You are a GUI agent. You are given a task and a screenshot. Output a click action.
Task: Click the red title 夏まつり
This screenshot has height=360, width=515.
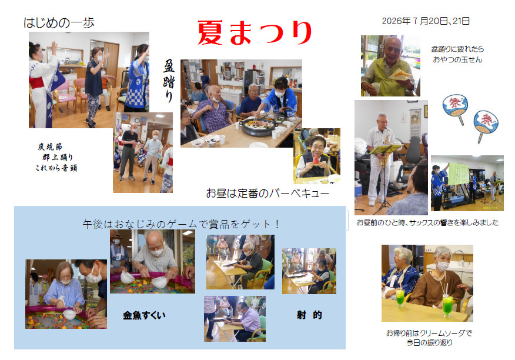tap(255, 32)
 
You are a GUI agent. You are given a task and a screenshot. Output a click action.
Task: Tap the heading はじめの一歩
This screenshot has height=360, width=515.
tap(59, 23)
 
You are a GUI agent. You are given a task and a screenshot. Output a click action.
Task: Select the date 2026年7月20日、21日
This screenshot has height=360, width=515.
tap(426, 21)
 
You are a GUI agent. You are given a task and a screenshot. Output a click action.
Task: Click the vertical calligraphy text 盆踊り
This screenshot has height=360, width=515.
tap(169, 81)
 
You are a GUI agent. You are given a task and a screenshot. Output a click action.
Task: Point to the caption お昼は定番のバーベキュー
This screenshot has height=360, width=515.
tap(267, 194)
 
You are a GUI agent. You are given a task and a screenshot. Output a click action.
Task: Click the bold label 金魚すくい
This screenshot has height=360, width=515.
tap(144, 315)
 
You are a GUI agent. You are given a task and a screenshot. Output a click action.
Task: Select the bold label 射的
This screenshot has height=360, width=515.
tap(309, 315)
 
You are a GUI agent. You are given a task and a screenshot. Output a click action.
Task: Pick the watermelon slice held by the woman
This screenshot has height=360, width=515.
tap(316, 159)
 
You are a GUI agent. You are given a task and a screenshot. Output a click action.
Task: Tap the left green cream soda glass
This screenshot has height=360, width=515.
tap(400, 298)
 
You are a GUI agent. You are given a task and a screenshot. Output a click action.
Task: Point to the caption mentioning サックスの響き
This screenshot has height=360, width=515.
tap(427, 222)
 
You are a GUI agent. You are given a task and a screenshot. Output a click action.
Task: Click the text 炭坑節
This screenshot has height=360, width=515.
tap(50, 146)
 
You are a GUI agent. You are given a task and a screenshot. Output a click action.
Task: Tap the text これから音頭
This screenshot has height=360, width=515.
tap(56, 168)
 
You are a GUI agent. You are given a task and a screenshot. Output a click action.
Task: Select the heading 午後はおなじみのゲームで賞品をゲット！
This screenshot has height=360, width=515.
tap(181, 224)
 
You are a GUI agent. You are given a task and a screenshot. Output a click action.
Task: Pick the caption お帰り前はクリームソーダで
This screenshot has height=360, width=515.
tap(429, 333)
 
